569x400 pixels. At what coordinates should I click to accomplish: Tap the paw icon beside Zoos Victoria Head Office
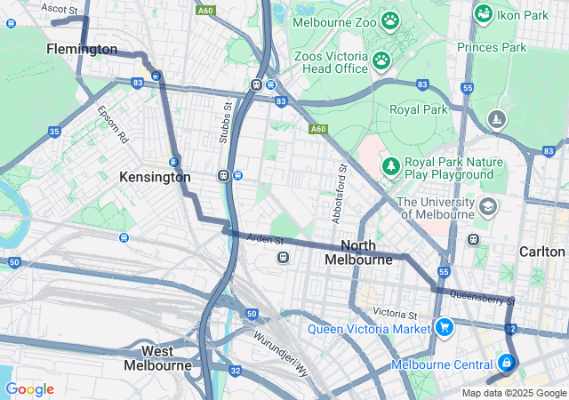click(381, 60)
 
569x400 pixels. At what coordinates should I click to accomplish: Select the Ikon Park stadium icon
click(484, 13)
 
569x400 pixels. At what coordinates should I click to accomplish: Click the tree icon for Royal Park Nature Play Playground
click(390, 166)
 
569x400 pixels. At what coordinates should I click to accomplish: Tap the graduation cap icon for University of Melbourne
click(487, 207)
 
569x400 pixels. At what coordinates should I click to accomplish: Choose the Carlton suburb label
click(541, 252)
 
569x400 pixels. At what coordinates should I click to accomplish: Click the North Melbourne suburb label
click(358, 252)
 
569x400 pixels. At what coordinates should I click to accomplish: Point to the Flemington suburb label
click(82, 49)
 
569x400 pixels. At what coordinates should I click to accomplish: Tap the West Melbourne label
click(157, 358)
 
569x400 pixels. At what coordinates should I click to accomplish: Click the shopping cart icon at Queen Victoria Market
click(445, 328)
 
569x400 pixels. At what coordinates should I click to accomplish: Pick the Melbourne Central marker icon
click(506, 363)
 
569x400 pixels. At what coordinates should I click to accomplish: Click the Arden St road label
click(266, 239)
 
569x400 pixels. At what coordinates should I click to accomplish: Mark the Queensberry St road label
click(483, 299)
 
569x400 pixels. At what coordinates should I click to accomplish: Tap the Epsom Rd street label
click(113, 127)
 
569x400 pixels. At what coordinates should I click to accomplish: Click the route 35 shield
click(55, 132)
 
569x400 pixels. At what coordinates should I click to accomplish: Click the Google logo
click(29, 389)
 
